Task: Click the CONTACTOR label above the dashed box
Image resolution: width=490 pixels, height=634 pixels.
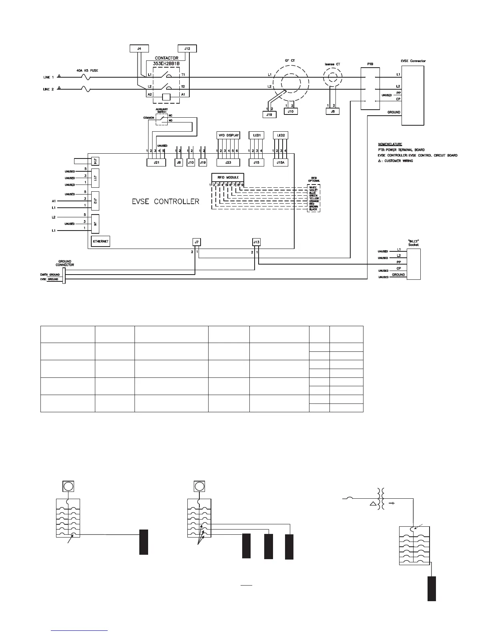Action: (167, 58)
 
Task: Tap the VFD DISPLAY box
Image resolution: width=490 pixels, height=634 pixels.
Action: (228, 135)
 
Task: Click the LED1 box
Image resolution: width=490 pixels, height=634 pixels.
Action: (257, 135)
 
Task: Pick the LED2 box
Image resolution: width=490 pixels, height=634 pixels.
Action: (281, 135)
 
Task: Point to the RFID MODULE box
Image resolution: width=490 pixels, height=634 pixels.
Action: (227, 177)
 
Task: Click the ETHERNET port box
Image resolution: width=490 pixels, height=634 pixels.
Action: (100, 242)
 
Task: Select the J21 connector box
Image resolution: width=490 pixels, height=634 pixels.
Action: (157, 163)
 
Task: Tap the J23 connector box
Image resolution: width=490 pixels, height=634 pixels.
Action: (228, 163)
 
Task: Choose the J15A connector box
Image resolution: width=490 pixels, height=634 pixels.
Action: (281, 163)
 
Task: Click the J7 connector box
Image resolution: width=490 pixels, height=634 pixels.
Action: (196, 242)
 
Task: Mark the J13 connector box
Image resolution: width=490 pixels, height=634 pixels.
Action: (256, 242)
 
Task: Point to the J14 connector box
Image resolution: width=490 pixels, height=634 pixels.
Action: (95, 161)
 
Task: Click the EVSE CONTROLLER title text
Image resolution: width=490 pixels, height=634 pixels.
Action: (165, 201)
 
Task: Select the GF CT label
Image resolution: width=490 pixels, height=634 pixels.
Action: (290, 60)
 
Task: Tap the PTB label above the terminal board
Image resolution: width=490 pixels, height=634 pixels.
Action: (370, 64)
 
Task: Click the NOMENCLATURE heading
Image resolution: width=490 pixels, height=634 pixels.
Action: (390, 144)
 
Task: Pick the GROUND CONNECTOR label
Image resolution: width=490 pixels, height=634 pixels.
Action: (65, 263)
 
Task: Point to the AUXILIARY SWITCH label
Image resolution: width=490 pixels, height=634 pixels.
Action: (162, 110)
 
